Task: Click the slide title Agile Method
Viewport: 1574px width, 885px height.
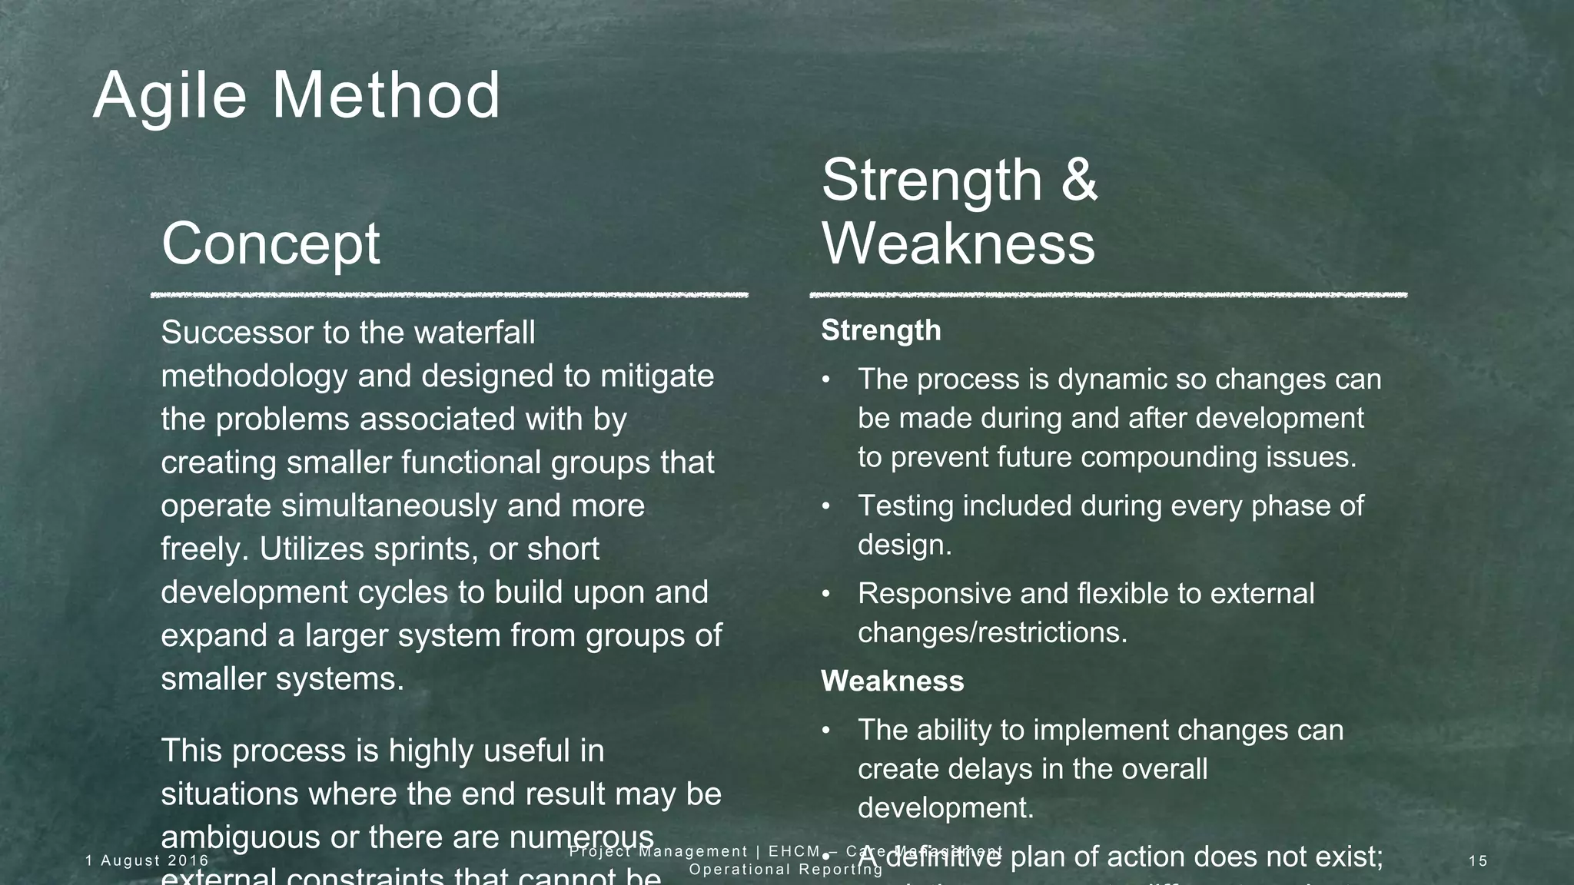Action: click(x=297, y=95)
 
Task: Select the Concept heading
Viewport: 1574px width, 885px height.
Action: click(x=271, y=243)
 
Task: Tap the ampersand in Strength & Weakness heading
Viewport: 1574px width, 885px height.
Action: click(x=1080, y=180)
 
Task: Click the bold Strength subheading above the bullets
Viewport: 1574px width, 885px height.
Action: click(x=881, y=330)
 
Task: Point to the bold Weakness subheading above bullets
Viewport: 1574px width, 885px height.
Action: click(x=892, y=681)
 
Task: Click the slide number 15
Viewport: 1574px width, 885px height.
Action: click(x=1478, y=861)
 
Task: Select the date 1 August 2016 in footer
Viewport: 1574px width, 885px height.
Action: click(x=148, y=860)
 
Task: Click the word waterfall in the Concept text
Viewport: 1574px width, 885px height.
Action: click(x=474, y=333)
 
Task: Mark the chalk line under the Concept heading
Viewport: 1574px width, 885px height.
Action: click(x=450, y=294)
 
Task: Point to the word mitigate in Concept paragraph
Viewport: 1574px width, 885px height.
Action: click(x=657, y=376)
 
